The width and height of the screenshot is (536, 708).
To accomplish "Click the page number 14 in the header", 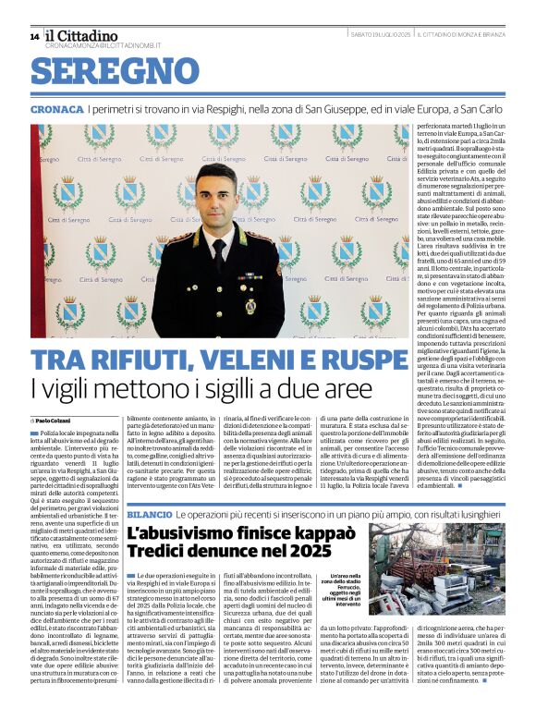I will pos(34,36).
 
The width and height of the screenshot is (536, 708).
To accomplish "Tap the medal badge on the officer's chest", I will pos(250,305).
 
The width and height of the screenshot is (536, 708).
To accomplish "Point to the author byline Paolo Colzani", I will pos(55,421).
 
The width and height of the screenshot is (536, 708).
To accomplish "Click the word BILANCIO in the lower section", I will pos(149,512).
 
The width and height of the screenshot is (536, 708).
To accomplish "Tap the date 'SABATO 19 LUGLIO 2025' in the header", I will pos(380,34).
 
